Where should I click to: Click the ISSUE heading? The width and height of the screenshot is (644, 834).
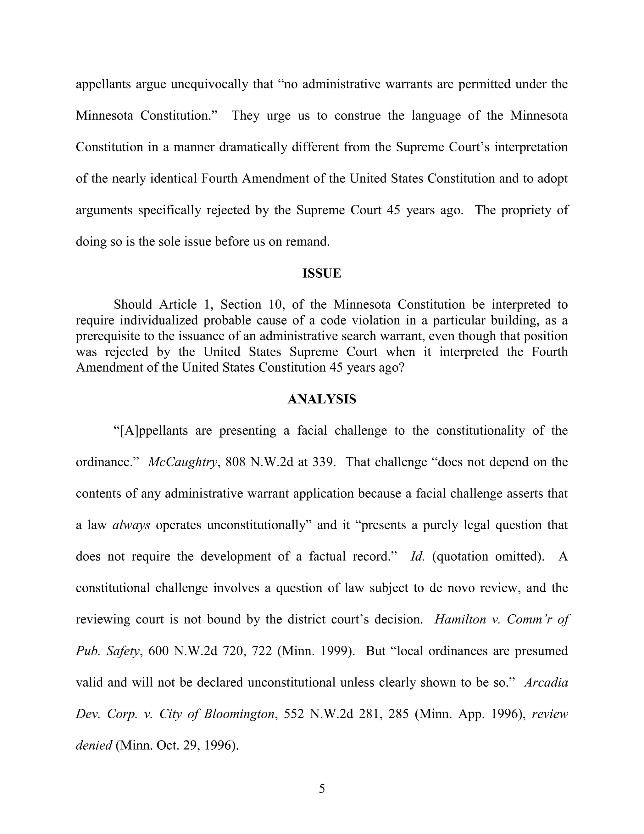pos(322,273)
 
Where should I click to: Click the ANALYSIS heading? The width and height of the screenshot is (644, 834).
pos(322,399)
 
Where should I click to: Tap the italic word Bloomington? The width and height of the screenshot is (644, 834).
pos(239,714)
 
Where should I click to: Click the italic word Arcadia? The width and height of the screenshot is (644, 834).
pos(546,682)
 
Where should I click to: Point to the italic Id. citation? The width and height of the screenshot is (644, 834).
pos(417,556)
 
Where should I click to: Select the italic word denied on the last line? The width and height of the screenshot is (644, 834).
pos(94,745)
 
